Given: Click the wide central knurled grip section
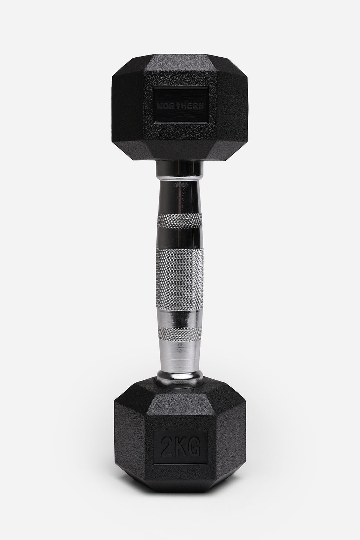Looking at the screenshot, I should [x=180, y=271].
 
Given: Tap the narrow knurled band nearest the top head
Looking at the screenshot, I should [x=180, y=221].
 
